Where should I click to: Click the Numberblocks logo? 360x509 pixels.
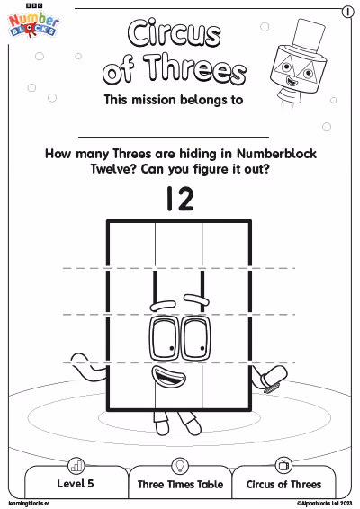33,22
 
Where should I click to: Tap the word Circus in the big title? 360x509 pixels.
175,32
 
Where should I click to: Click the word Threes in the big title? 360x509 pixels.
195,69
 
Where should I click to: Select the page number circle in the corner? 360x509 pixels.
347,12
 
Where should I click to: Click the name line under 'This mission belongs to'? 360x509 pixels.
174,137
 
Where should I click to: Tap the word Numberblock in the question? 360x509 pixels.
276,154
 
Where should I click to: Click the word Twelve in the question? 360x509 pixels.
113,169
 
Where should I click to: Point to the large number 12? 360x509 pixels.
180,199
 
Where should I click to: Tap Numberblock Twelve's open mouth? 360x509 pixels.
169,376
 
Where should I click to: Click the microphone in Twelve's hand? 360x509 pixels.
274,379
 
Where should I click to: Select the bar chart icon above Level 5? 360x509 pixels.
76,466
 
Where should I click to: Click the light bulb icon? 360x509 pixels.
180,466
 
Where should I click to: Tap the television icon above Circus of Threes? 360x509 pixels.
283,465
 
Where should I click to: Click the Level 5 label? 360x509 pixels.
76,483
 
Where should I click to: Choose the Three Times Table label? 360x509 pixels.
180,485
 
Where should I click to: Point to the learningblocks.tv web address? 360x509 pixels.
29,504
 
